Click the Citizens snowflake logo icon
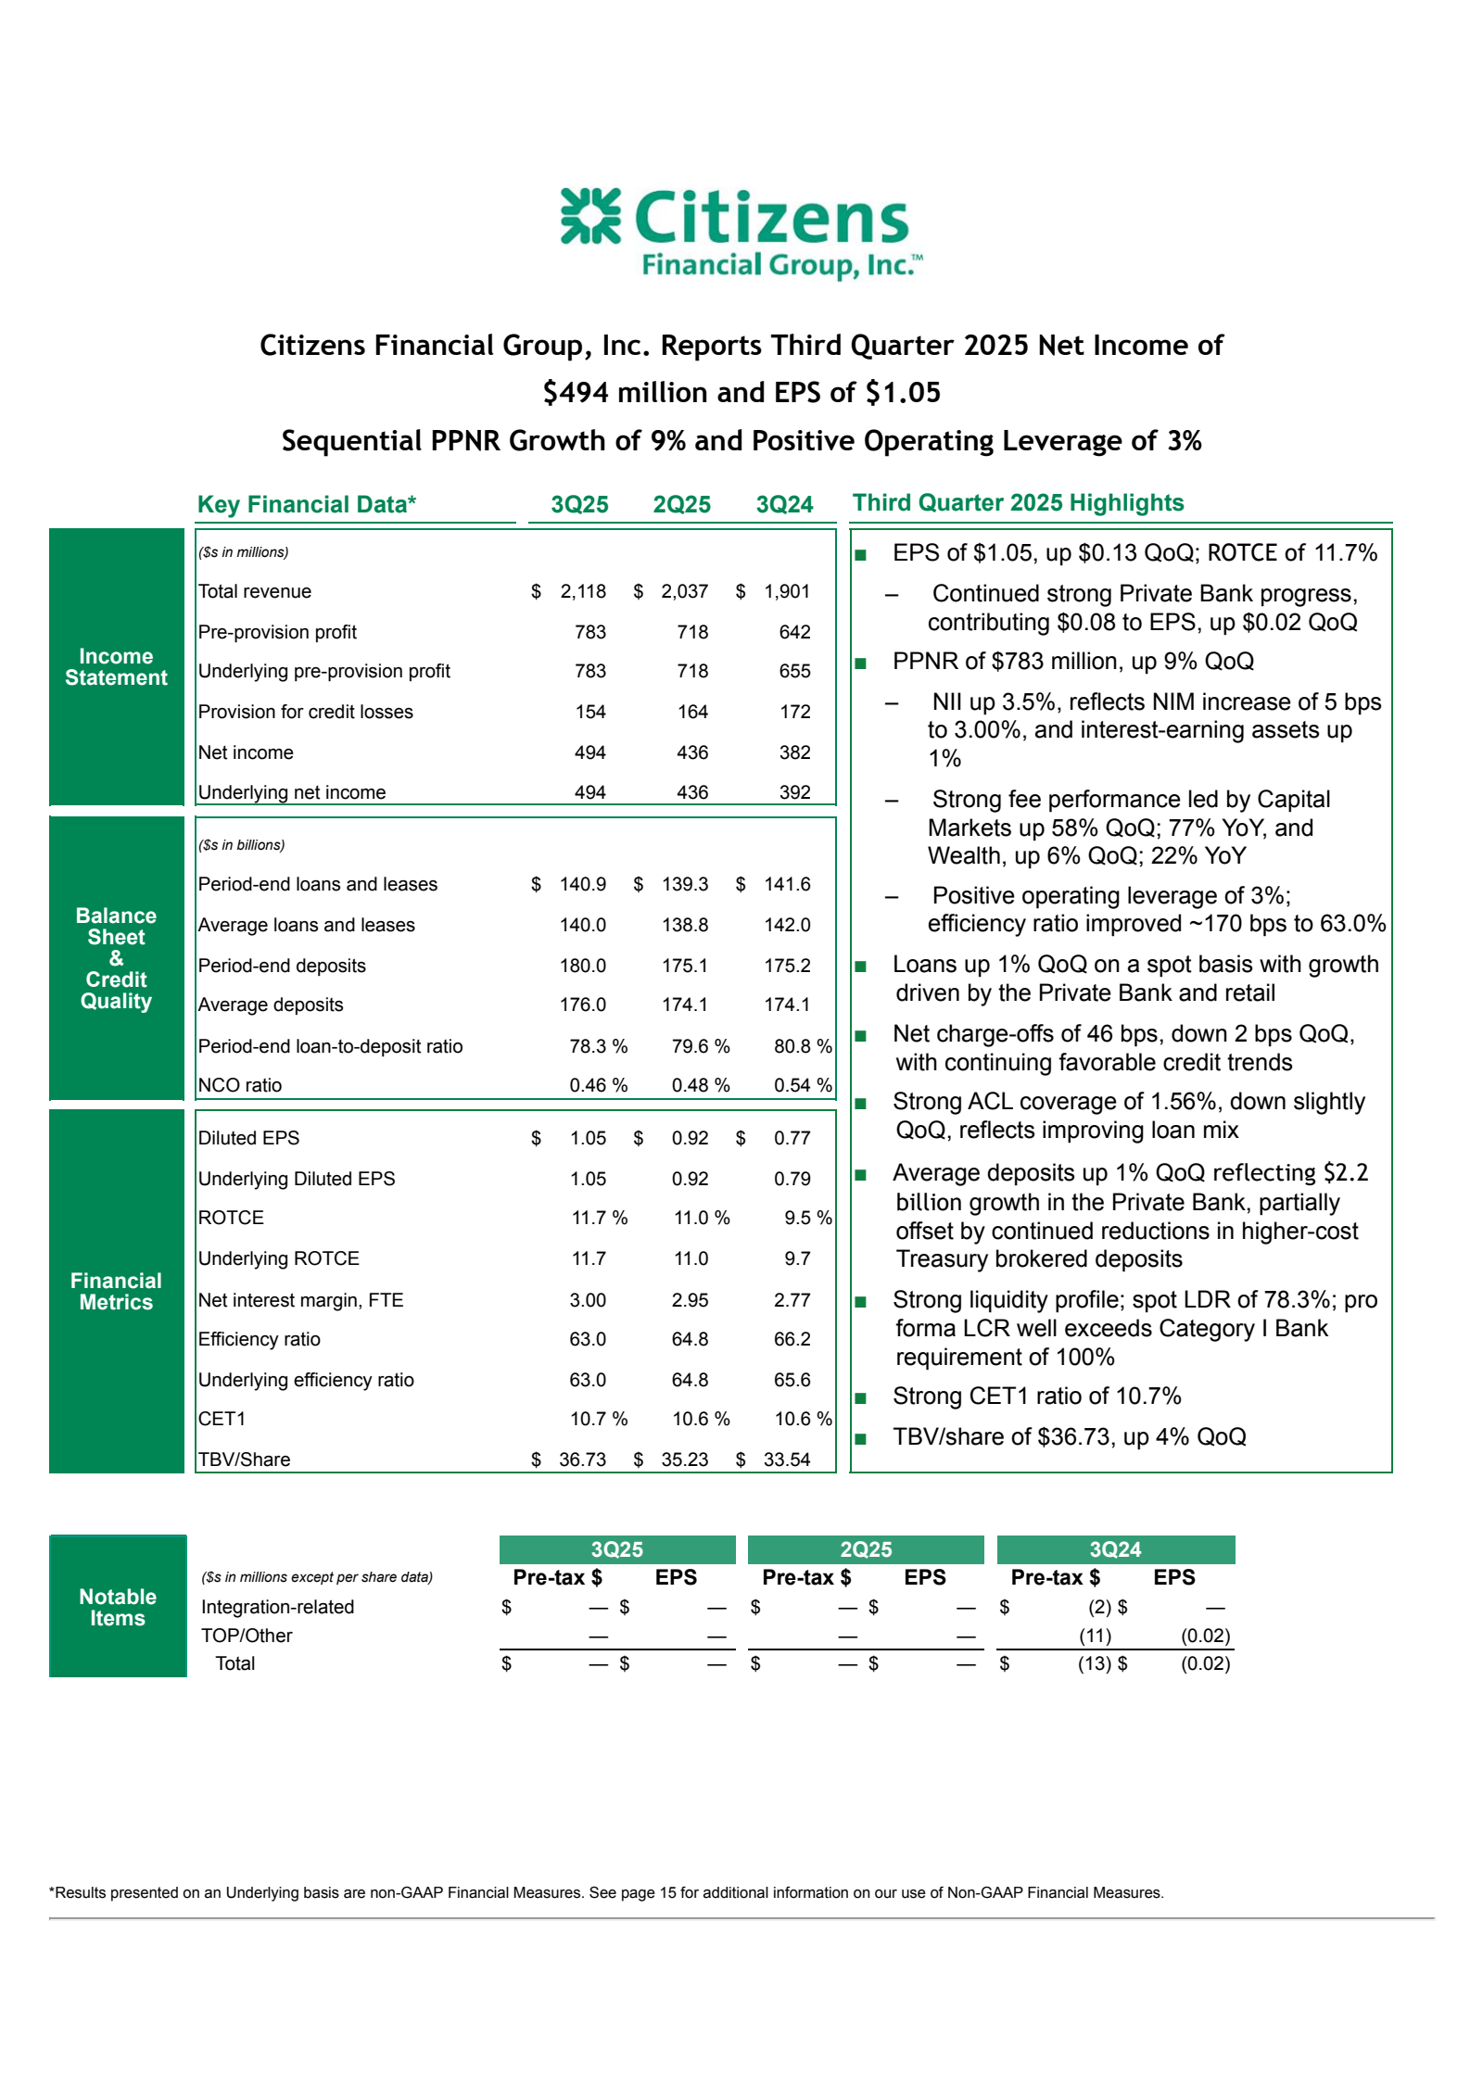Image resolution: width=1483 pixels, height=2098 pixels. [590, 216]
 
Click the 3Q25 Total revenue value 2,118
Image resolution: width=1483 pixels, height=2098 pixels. [583, 591]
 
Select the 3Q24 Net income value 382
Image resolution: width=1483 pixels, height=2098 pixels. [794, 752]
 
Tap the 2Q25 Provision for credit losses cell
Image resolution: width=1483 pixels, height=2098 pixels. [692, 712]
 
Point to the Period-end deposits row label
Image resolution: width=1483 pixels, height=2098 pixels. [282, 966]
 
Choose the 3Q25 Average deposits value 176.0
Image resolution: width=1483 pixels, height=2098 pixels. [583, 1005]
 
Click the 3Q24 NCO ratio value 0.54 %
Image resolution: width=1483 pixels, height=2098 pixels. [802, 1085]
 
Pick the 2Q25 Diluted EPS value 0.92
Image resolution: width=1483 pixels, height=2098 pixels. [690, 1138]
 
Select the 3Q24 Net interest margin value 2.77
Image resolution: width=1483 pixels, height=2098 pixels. [792, 1300]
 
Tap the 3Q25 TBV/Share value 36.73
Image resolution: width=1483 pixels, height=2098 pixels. [582, 1460]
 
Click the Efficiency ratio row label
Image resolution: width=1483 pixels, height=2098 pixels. [260, 1339]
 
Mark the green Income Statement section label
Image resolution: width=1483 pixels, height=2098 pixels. [117, 667]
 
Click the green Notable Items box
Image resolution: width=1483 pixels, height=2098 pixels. [118, 1608]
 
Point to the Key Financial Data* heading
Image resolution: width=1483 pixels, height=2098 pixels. [307, 505]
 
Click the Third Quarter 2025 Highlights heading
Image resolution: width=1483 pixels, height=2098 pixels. [1018, 503]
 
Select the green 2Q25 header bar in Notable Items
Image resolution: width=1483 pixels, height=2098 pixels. [866, 1549]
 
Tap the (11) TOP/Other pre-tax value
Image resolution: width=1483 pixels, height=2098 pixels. [1095, 1636]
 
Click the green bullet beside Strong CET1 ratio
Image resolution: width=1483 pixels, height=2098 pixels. [861, 1398]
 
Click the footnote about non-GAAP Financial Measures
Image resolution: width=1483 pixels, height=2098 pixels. [606, 1892]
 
